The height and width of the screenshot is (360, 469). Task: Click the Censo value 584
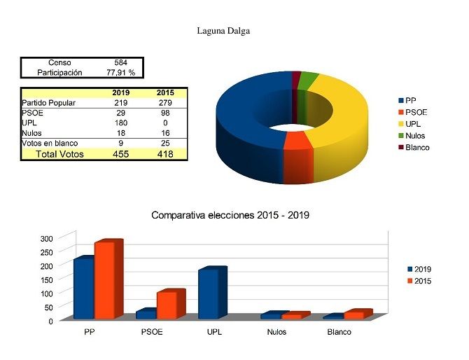[120, 63]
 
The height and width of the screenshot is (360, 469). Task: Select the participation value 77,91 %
[120, 72]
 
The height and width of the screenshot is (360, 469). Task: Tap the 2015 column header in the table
[165, 93]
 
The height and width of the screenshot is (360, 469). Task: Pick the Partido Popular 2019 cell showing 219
[120, 103]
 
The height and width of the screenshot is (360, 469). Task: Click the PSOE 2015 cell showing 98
[165, 113]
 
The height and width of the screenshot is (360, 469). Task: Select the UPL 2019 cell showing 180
[120, 123]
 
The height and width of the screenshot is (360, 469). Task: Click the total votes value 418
[165, 153]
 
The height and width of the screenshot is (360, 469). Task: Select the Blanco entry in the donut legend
[417, 148]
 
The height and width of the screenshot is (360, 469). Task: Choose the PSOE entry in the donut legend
[416, 112]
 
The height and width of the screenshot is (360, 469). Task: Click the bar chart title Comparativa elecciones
[230, 215]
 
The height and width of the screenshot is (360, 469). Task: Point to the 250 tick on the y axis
[46, 252]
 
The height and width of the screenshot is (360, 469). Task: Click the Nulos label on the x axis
[276, 332]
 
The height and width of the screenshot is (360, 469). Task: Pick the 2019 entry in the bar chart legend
[423, 269]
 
